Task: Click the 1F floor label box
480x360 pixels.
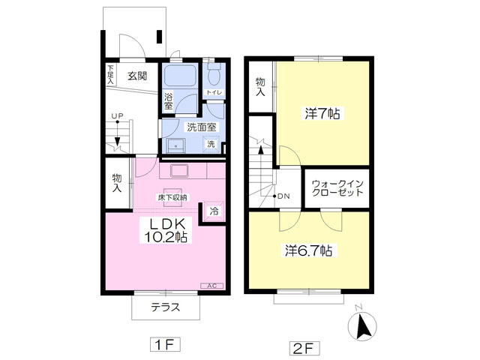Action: tap(165, 344)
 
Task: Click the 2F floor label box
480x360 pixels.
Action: tap(304, 348)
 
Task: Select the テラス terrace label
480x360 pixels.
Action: tap(166, 307)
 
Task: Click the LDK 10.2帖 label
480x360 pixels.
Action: tap(166, 230)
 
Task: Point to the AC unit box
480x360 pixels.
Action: tap(212, 286)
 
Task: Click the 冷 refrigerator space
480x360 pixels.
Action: tap(214, 211)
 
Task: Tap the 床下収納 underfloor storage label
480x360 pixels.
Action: tap(172, 198)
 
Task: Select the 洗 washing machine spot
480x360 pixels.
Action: tap(211, 143)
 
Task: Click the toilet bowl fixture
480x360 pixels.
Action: tap(214, 74)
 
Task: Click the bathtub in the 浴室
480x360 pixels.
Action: tap(180, 76)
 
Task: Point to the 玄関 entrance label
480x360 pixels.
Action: tap(137, 76)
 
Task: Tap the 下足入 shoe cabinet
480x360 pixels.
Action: tap(110, 74)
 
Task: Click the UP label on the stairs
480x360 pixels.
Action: tap(117, 116)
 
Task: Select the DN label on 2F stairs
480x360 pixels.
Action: tap(283, 196)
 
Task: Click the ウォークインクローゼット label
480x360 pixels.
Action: tap(337, 188)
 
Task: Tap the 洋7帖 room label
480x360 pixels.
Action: tap(322, 113)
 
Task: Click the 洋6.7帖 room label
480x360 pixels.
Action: tap(308, 250)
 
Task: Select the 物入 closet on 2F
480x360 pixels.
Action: tap(260, 87)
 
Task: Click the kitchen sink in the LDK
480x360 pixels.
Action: tap(179, 171)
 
